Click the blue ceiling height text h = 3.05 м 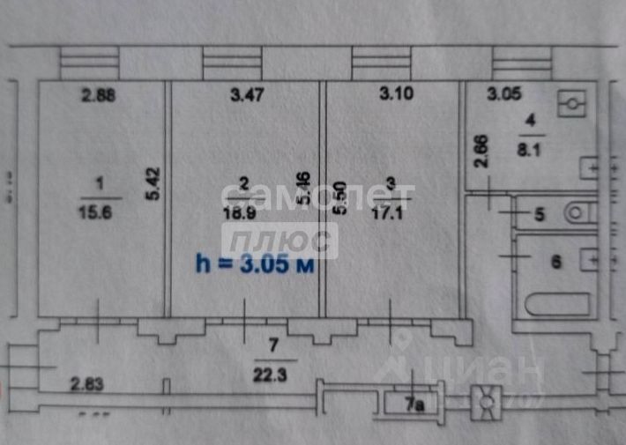tap(254, 263)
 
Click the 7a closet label tap(414, 405)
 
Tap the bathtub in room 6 tap(557, 304)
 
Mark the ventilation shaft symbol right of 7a tap(486, 402)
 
